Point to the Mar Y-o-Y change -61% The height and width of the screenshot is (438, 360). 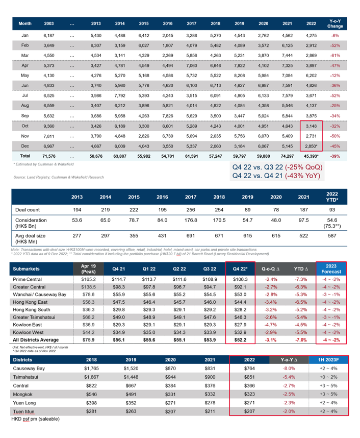[x=335, y=55]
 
